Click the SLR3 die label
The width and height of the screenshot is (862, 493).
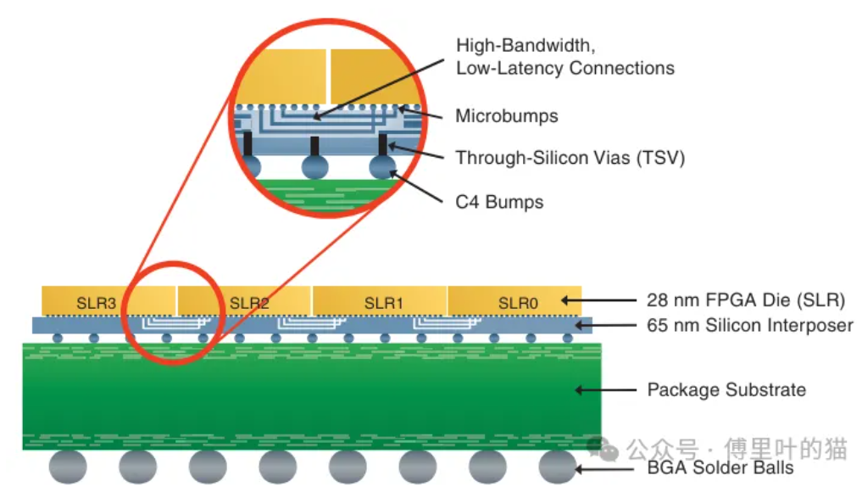[x=97, y=303]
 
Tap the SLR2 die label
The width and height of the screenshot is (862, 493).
[x=249, y=303]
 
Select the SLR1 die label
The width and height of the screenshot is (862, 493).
[x=384, y=303]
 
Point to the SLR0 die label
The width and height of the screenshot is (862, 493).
[x=518, y=303]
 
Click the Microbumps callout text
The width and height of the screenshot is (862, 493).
[x=507, y=116]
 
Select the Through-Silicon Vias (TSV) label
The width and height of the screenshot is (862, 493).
[x=570, y=158]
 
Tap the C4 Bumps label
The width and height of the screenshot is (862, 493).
[x=499, y=202]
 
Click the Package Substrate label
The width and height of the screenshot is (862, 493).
[x=726, y=389]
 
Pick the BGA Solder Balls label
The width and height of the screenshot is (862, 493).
[x=720, y=468]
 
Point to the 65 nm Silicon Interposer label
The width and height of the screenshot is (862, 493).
[x=750, y=325]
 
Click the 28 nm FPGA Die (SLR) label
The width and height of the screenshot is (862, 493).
[x=746, y=300]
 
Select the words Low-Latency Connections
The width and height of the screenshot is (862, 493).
[x=565, y=68]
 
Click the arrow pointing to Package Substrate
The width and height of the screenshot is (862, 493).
[x=605, y=390]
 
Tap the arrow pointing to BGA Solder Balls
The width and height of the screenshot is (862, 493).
[x=604, y=469]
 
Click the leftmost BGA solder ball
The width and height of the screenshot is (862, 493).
[x=68, y=467]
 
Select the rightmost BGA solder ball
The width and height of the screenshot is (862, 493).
[x=558, y=467]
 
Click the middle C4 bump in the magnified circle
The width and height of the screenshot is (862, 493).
[x=315, y=166]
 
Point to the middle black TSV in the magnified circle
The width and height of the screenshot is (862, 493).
[x=314, y=146]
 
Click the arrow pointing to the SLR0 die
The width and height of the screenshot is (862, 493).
[x=598, y=300]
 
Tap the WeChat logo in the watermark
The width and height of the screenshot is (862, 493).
[x=603, y=448]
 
